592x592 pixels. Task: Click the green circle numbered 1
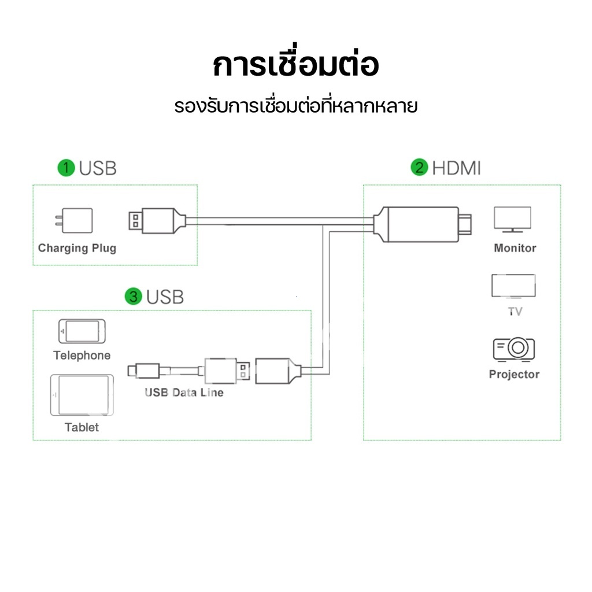(x=66, y=168)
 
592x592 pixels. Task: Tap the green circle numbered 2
(x=420, y=167)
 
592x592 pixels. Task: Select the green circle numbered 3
(x=134, y=297)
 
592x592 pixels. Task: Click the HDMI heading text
(x=457, y=168)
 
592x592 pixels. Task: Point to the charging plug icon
(x=75, y=220)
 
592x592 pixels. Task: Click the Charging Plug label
(x=77, y=248)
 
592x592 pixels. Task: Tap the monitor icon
(x=513, y=219)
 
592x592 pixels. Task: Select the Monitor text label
(x=515, y=248)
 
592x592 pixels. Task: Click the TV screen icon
(x=513, y=286)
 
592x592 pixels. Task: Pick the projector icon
(x=514, y=349)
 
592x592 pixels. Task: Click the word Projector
(x=514, y=374)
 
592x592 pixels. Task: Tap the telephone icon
(x=82, y=331)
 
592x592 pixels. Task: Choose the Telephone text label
(x=82, y=356)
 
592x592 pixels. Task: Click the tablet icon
(x=82, y=395)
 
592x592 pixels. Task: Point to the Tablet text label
(x=82, y=427)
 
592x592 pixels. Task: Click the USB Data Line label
(x=184, y=393)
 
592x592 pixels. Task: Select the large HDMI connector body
(x=423, y=224)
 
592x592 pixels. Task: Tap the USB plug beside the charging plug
(x=157, y=221)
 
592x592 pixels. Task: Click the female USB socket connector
(x=278, y=371)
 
